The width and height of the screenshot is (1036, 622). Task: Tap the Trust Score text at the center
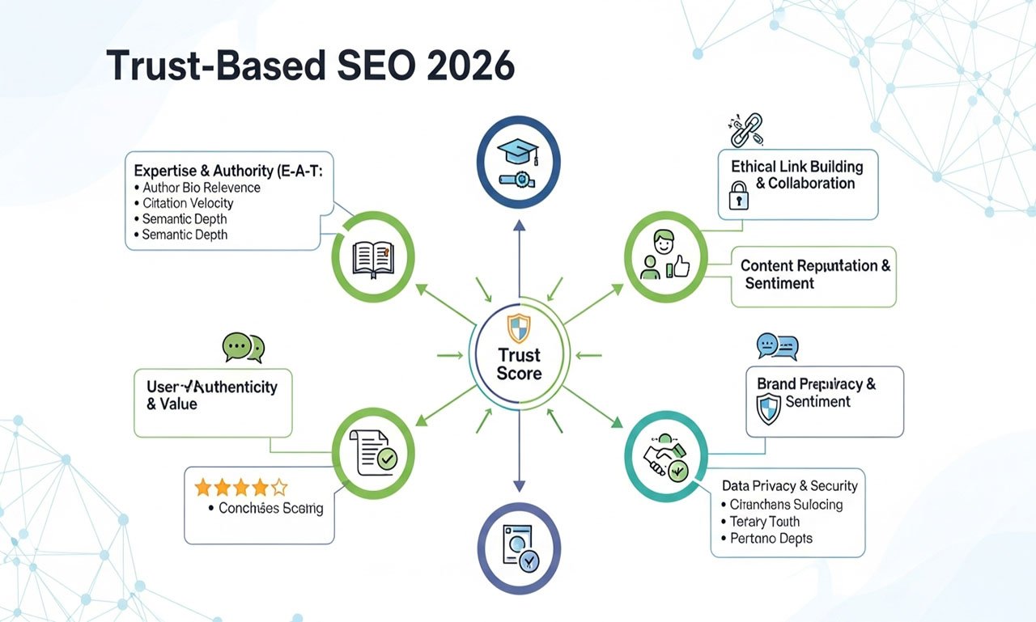point(519,364)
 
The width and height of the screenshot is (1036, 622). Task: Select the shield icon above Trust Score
point(519,328)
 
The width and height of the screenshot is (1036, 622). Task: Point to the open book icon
point(373,258)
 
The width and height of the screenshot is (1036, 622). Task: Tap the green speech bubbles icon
point(244,348)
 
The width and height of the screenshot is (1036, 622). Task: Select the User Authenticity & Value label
point(212,395)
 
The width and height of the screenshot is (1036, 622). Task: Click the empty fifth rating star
point(279,487)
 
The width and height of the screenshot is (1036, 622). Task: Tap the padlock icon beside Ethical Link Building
point(738,196)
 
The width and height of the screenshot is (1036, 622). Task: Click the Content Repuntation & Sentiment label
point(814,274)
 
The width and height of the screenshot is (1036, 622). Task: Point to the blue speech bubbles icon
point(777,347)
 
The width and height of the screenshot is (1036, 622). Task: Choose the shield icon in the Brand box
point(767,408)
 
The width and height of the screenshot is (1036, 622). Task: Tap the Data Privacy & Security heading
point(789,486)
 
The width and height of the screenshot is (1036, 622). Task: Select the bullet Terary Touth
point(764,522)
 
